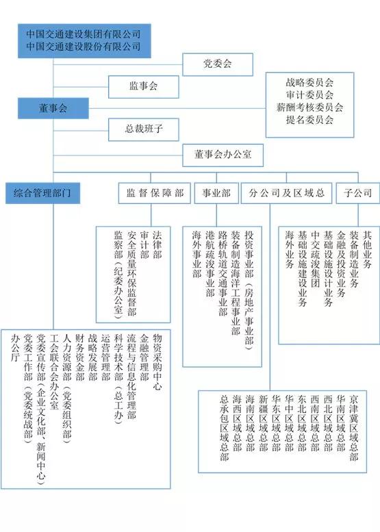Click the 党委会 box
click(218, 64)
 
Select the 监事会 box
click(144, 86)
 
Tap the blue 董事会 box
click(53, 108)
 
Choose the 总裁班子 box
click(144, 129)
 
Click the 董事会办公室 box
click(223, 155)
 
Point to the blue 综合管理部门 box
click(42, 193)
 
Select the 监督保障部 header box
click(154, 193)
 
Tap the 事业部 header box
click(216, 193)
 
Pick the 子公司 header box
click(358, 193)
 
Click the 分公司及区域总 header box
click(286, 193)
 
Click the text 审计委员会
click(309, 95)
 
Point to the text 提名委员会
click(309, 120)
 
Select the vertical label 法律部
click(157, 244)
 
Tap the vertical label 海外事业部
click(197, 254)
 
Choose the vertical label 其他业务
click(367, 249)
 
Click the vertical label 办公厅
click(16, 348)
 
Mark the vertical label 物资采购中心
click(157, 362)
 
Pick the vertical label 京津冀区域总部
click(354, 427)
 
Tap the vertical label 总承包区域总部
click(225, 427)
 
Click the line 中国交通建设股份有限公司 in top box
click(84, 47)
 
